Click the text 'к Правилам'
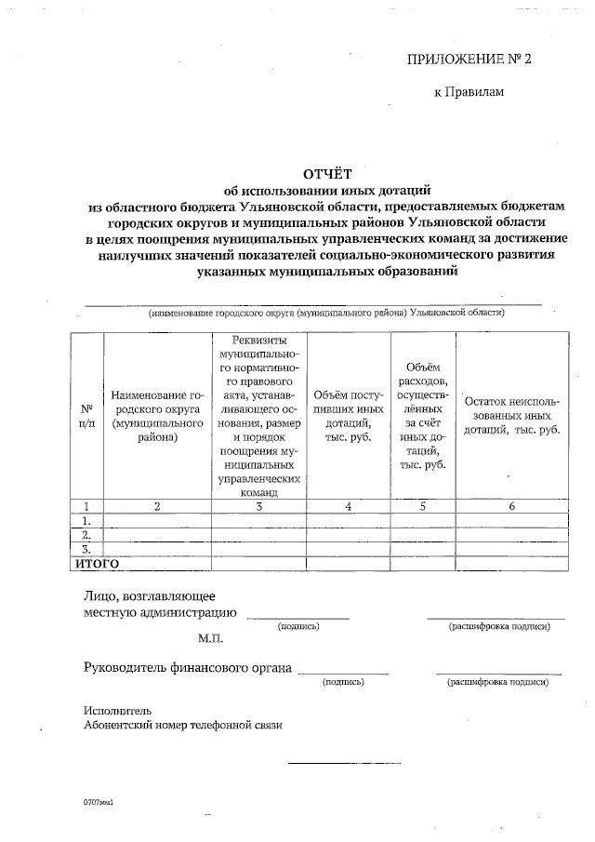pyautogui.click(x=469, y=92)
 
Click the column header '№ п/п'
pyautogui.click(x=86, y=416)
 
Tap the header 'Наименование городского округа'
pyautogui.click(x=157, y=416)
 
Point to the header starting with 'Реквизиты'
pyautogui.click(x=258, y=416)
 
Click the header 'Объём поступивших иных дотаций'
pyautogui.click(x=349, y=416)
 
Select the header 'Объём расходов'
pyautogui.click(x=422, y=416)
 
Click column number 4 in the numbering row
pyautogui.click(x=349, y=506)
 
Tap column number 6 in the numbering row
pyautogui.click(x=511, y=506)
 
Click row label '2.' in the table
pyautogui.click(x=86, y=535)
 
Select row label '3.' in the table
pyautogui.click(x=86, y=549)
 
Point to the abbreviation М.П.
pyautogui.click(x=210, y=639)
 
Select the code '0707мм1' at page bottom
pyautogui.click(x=97, y=800)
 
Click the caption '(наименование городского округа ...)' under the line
pyautogui.click(x=326, y=314)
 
